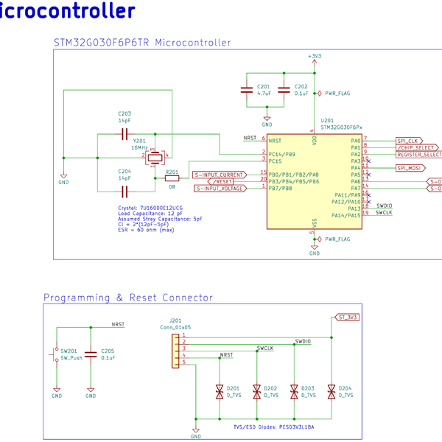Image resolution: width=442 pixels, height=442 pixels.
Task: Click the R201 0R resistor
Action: point(172,178)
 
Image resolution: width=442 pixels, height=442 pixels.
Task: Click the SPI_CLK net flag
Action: point(408,141)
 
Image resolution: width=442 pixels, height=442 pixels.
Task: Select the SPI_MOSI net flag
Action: point(410,168)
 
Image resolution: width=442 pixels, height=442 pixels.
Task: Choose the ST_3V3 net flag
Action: point(346,318)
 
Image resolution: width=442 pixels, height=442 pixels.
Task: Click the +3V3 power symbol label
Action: point(315,56)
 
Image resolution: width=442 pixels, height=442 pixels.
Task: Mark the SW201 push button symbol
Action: point(56,354)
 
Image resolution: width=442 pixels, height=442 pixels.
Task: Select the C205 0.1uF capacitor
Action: point(91,354)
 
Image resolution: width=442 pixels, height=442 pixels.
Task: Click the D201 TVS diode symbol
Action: point(220,391)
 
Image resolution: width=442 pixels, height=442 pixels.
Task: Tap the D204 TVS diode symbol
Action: point(331,391)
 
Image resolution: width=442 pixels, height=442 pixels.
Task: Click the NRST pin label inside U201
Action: point(275,140)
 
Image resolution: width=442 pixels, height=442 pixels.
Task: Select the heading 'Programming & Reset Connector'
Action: point(128,298)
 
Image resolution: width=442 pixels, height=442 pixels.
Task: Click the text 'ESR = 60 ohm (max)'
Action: point(146,230)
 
